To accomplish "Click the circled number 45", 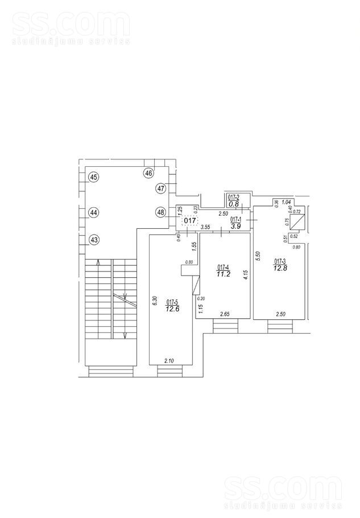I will (94, 177).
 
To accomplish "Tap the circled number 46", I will (149, 172).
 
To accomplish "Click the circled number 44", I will (94, 212).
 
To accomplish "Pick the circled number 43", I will (94, 240).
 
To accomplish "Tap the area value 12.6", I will (173, 310).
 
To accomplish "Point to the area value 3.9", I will (236, 226).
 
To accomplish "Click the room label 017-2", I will (233, 198).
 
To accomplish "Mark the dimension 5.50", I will (258, 257).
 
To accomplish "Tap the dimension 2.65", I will (226, 314).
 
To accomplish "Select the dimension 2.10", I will (169, 360).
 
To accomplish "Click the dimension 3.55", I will (206, 228).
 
